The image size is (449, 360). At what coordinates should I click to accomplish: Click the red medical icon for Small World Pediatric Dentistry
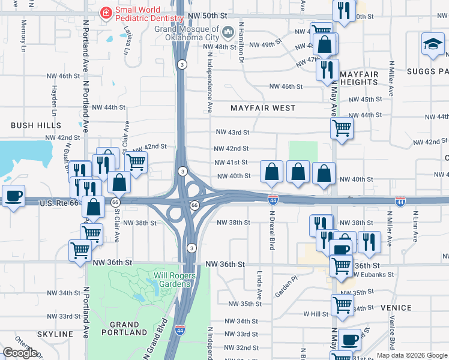(106, 12)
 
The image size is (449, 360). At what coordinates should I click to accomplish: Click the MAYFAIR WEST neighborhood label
(264, 108)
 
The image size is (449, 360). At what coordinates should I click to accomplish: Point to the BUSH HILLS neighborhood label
(36, 125)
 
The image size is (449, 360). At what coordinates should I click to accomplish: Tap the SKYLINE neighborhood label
(55, 334)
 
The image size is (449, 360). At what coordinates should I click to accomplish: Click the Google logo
(20, 353)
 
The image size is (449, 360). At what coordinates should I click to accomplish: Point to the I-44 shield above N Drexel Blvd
(273, 199)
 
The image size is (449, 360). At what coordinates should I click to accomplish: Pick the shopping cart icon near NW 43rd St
(342, 127)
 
